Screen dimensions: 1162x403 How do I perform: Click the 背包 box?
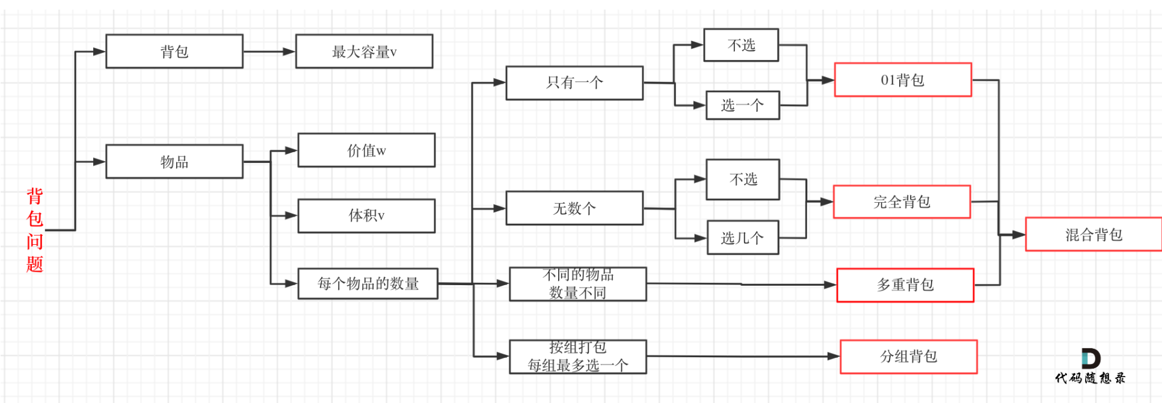(174, 51)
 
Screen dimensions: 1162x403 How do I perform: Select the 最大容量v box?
(364, 51)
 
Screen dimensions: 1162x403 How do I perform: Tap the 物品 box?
(174, 161)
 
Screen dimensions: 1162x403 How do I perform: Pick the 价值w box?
(366, 150)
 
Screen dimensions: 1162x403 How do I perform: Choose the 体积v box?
(366, 216)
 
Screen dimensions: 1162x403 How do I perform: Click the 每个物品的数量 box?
(368, 283)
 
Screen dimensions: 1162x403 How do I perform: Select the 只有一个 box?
(574, 83)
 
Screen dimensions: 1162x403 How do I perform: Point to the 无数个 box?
(574, 208)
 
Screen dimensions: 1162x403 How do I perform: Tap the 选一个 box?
(743, 105)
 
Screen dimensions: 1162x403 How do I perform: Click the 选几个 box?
(743, 238)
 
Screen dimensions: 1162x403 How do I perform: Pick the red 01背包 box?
(903, 80)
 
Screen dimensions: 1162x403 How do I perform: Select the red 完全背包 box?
(902, 202)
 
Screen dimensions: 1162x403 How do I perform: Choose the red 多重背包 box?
(905, 285)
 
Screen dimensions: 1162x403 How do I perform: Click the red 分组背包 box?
(909, 357)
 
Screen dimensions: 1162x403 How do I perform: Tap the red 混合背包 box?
(1093, 235)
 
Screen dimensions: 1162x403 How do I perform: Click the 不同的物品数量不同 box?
(578, 284)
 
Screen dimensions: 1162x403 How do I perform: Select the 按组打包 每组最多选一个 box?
(578, 357)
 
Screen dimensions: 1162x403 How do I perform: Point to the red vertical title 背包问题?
(35, 230)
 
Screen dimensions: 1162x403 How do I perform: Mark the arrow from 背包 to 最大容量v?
(269, 51)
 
